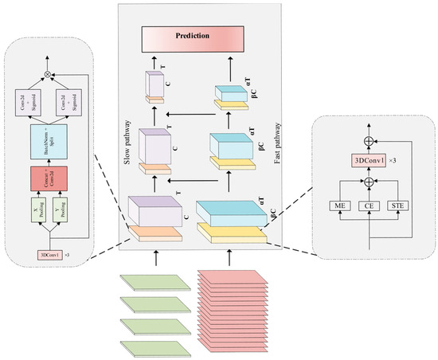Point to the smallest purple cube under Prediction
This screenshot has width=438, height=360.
tap(154, 85)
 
